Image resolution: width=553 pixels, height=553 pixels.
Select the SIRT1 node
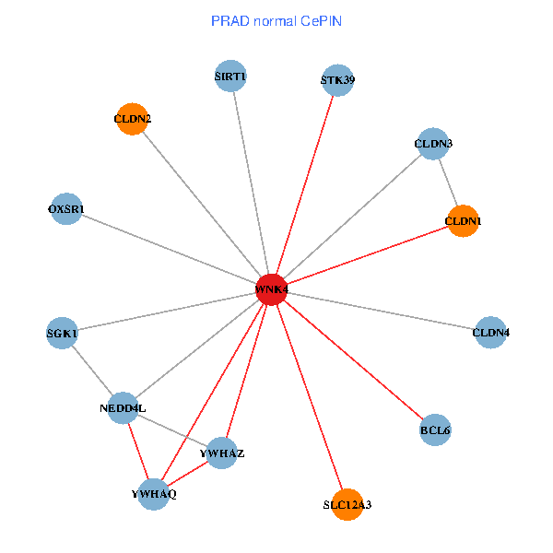230,76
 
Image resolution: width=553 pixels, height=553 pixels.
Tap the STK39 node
337,79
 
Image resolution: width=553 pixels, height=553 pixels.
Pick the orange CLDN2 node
133,119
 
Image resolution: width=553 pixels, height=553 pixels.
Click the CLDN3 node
433,143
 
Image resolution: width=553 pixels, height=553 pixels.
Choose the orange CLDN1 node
463,221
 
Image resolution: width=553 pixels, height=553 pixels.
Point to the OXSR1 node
65,209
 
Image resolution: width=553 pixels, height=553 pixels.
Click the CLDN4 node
490,332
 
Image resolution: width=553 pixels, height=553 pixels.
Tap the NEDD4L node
123,407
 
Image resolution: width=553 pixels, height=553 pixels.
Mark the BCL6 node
435,429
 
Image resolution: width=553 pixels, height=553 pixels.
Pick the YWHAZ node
222,453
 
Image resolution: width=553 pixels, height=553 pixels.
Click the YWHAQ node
154,494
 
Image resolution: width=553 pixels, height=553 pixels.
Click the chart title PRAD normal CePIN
276,20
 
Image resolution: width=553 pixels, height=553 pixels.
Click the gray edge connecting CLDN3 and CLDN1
448,182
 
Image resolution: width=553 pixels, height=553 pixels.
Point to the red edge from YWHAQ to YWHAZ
188,474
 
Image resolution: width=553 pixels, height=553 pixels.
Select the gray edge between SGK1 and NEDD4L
92,370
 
